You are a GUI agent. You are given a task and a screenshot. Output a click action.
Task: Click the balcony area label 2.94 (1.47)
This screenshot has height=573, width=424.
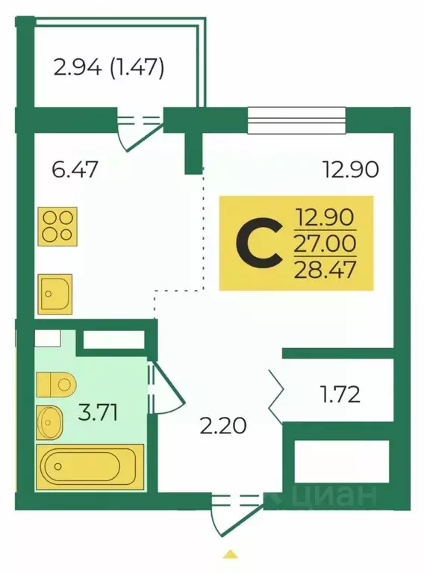(108, 67)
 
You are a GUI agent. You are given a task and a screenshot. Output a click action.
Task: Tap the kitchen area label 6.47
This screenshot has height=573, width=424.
(75, 170)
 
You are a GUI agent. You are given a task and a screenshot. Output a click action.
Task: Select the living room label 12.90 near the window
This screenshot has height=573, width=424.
(351, 170)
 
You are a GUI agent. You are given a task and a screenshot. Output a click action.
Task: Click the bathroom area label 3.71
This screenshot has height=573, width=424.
(99, 413)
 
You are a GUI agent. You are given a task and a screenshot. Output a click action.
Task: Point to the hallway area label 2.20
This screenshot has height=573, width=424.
(223, 426)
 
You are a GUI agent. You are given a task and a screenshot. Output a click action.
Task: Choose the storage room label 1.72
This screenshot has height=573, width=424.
(340, 394)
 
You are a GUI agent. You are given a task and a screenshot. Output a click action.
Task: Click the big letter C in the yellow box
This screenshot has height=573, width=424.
(259, 243)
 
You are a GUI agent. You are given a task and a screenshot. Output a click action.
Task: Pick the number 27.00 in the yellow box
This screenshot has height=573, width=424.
(325, 244)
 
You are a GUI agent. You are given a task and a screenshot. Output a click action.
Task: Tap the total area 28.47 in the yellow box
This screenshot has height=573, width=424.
(325, 270)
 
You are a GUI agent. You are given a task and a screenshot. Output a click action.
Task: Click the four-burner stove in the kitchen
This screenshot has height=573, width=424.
(57, 226)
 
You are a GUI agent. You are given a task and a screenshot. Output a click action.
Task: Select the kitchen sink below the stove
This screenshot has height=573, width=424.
(55, 294)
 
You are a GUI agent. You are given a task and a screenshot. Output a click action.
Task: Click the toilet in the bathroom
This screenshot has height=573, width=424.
(56, 384)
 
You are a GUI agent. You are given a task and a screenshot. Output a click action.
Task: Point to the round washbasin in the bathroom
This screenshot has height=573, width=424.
(50, 422)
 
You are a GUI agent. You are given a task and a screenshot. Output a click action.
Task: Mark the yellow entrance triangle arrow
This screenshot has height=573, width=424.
(229, 554)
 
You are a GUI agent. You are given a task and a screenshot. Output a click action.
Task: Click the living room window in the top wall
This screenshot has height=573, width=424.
(296, 120)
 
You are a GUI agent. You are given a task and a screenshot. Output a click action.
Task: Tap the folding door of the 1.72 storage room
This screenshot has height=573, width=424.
(275, 397)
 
